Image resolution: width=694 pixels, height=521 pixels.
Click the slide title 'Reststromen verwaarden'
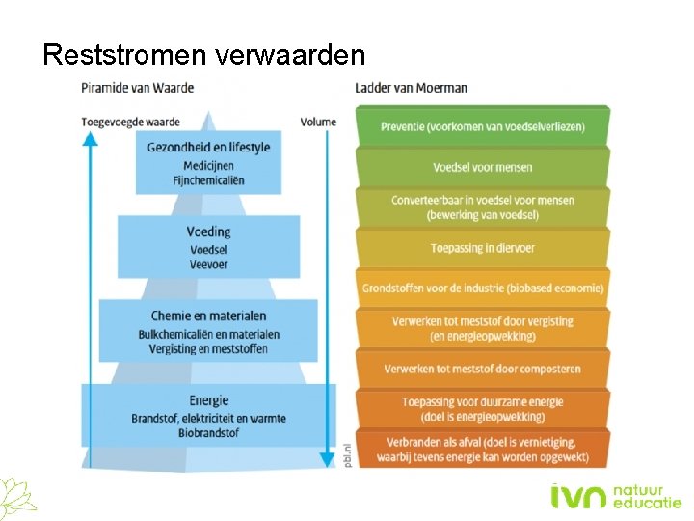point(203,54)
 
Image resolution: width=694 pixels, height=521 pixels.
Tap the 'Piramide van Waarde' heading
point(137,88)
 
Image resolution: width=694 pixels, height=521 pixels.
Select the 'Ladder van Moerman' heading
point(411,88)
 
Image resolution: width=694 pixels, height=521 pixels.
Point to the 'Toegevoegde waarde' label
point(131,122)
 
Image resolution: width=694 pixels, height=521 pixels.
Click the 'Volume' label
point(318,122)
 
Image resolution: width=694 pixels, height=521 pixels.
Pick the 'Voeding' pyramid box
point(208,246)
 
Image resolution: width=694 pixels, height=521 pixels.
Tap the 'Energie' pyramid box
point(208,416)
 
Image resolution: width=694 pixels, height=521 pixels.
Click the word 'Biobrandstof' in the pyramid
point(208,433)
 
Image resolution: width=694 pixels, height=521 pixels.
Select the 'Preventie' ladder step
point(482,126)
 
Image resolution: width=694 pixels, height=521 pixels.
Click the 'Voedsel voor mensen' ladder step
point(482,167)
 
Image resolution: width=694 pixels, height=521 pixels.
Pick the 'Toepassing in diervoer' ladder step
point(482,248)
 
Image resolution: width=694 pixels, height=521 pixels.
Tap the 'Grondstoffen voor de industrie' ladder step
point(482,288)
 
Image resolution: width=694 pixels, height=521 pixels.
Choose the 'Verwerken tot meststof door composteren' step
point(482,369)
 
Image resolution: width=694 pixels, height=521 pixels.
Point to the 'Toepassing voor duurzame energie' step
point(482,408)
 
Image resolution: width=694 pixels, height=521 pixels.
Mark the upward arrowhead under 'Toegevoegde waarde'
point(90,138)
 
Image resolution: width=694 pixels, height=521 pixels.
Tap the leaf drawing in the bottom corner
point(17,496)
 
